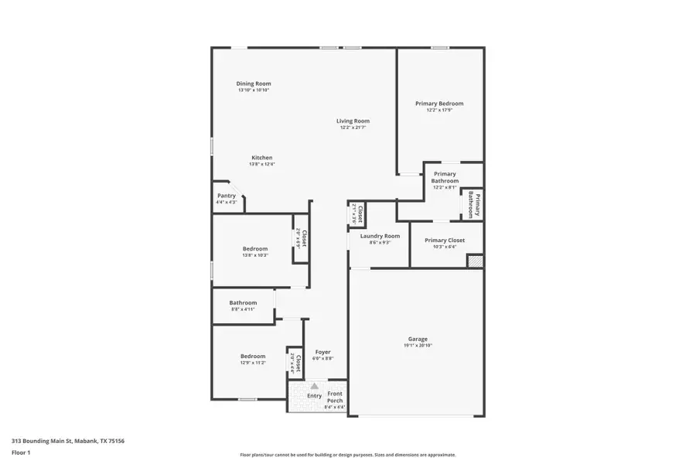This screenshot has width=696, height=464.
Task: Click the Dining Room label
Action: (254, 84)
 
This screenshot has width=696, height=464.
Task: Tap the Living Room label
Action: (353, 121)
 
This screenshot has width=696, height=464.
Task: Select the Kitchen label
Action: (261, 158)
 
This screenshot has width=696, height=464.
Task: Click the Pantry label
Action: (226, 196)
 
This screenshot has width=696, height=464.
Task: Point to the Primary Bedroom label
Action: (439, 104)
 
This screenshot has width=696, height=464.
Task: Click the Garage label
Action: (418, 339)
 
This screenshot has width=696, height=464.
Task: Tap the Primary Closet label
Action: (445, 241)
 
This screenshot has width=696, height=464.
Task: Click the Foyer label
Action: (322, 352)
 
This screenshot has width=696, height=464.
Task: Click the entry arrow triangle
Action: (314, 385)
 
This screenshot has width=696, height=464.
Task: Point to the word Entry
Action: (314, 396)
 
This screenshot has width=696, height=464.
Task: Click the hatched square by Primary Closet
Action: (474, 261)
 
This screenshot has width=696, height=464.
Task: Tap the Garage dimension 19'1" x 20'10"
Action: (418, 346)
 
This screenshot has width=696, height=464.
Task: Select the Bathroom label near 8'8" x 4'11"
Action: (243, 302)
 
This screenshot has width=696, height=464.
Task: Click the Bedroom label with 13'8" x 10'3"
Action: (254, 248)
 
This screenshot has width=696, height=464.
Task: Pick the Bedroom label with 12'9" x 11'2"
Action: (253, 356)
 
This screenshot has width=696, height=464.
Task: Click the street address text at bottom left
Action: (68, 441)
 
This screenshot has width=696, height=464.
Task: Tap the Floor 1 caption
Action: (21, 452)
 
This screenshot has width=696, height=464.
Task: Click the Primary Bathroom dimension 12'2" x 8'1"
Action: (445, 188)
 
